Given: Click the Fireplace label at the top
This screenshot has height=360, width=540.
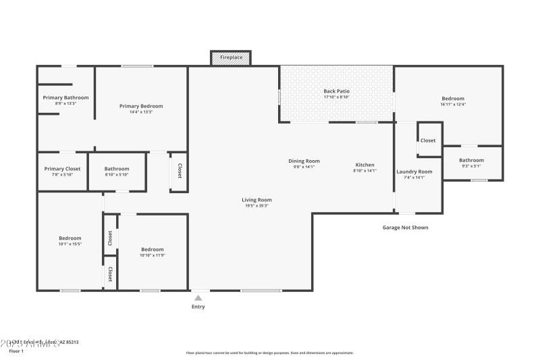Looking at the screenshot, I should pos(231,57).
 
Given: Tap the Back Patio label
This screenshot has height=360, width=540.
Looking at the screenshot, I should pos(335,91).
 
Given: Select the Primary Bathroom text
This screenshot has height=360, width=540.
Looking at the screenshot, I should pos(65,97).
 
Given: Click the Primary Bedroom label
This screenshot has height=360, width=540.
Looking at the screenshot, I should pos(141,106).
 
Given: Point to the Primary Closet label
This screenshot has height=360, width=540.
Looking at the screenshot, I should pos(62,169).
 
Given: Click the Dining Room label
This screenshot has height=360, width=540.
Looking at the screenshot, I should pos(304,161).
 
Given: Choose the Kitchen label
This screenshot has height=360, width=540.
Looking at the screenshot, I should pos(364,165).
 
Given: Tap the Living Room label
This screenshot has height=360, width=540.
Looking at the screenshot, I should pos(256,200).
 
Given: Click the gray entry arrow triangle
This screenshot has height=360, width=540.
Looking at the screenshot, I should pos(198,297).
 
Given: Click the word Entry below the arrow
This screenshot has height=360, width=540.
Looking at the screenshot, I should pos(198,307).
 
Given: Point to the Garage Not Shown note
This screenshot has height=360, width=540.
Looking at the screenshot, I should pos(405,228).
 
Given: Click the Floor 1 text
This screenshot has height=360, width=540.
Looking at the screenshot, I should pos(16,351).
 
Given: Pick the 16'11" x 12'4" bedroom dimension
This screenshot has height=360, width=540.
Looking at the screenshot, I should pos(453,104).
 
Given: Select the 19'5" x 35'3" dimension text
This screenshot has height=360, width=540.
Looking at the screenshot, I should pos(256,205).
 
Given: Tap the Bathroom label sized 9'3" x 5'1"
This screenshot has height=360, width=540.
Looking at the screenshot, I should pos(472,160).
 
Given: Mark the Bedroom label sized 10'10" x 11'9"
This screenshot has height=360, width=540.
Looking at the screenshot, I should pos(151,249).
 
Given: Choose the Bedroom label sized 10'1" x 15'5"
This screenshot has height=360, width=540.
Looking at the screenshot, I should pos(70,238).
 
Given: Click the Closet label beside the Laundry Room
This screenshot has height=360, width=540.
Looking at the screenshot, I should pos(428,140).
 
